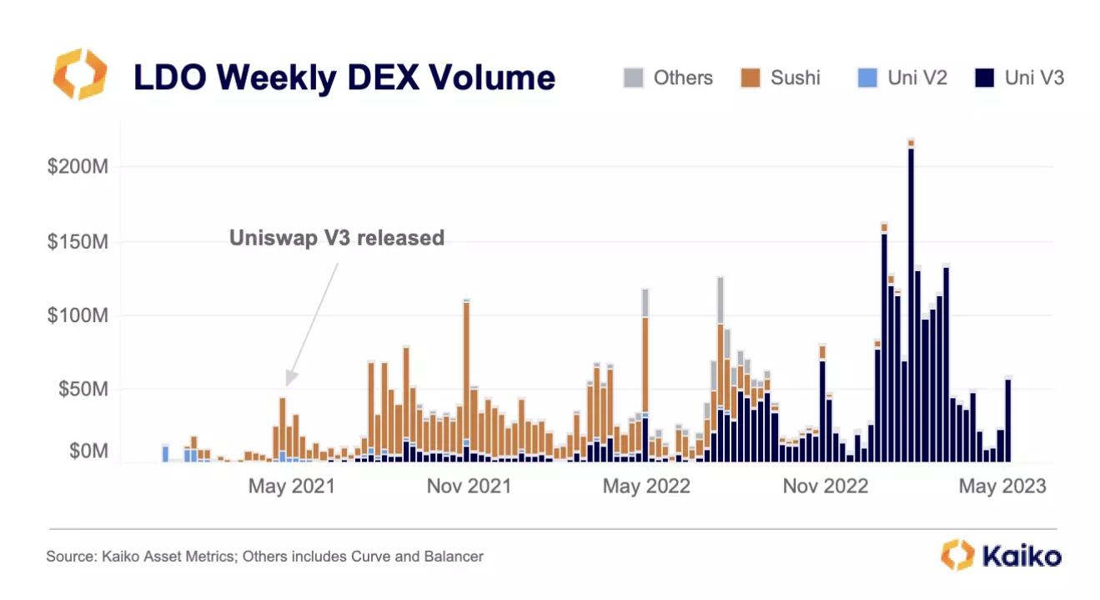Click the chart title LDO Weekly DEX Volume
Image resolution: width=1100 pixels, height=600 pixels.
[x=344, y=78]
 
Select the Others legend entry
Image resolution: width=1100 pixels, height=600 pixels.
[x=668, y=78]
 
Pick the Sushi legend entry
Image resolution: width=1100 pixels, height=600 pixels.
[x=781, y=78]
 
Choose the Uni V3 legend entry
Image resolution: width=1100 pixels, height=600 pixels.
[x=1019, y=78]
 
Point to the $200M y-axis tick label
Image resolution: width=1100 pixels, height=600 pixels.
[x=78, y=167]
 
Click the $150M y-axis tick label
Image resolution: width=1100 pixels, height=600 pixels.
[x=78, y=242]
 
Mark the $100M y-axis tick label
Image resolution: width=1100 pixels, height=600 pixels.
[x=78, y=316]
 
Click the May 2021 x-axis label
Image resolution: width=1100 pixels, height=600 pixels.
[x=291, y=487]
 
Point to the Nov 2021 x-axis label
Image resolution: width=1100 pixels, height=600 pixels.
[x=469, y=487]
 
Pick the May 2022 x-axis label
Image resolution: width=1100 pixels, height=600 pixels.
[x=646, y=487]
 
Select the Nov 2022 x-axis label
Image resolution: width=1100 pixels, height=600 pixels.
[x=825, y=487]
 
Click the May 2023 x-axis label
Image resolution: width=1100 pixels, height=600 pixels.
[x=1002, y=487]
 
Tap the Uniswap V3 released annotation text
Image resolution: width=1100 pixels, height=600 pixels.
[x=337, y=239]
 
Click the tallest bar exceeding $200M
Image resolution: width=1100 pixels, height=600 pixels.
[x=911, y=300]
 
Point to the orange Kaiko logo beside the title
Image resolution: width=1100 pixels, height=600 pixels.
[x=79, y=74]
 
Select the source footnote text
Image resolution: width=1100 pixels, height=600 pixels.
[x=264, y=556]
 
